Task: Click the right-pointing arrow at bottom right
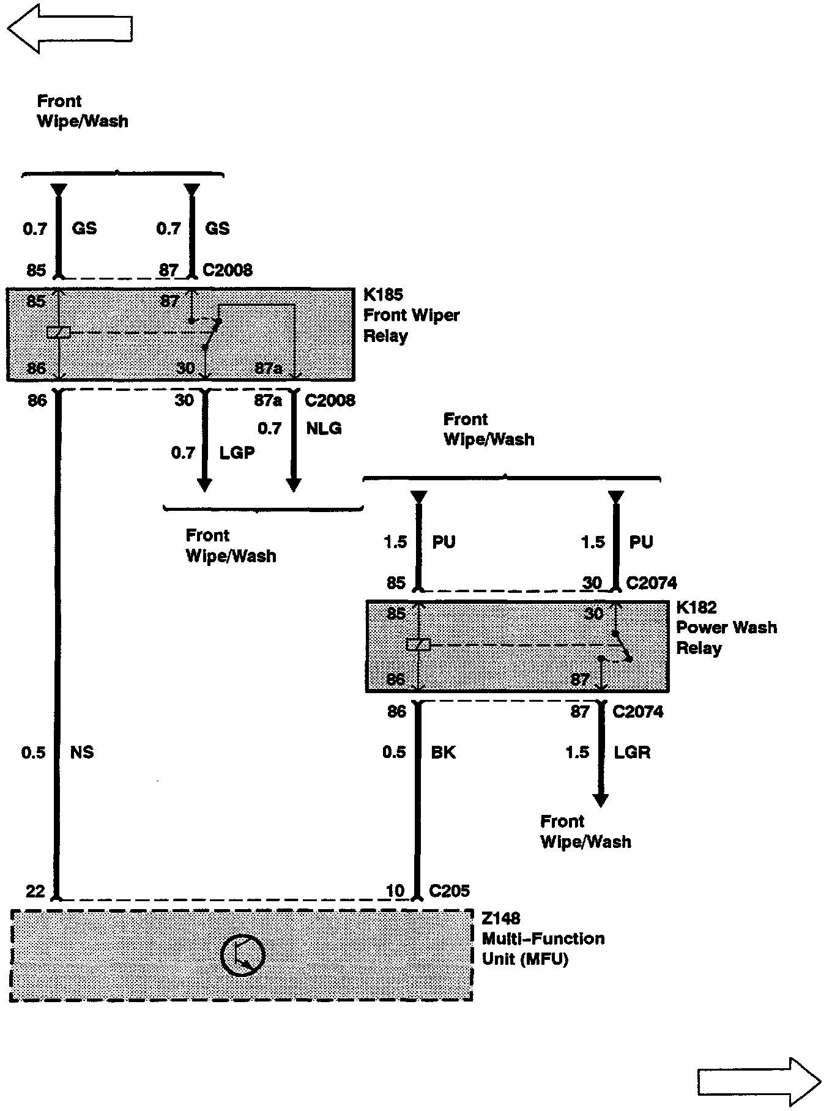(759, 1082)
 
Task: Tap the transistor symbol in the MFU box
(243, 956)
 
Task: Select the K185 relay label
(383, 295)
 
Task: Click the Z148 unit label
(500, 918)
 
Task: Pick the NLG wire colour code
(324, 428)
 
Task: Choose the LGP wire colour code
(237, 453)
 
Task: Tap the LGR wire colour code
(632, 752)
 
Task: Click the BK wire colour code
(444, 752)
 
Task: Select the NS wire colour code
(82, 752)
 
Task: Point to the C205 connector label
(449, 891)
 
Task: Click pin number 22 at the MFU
(35, 891)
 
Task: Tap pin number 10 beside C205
(395, 891)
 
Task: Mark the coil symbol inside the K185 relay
(58, 333)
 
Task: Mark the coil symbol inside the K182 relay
(418, 644)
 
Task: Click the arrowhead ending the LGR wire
(601, 800)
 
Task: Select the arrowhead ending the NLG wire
(294, 485)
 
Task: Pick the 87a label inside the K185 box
(269, 368)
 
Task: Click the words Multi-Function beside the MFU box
(543, 938)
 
